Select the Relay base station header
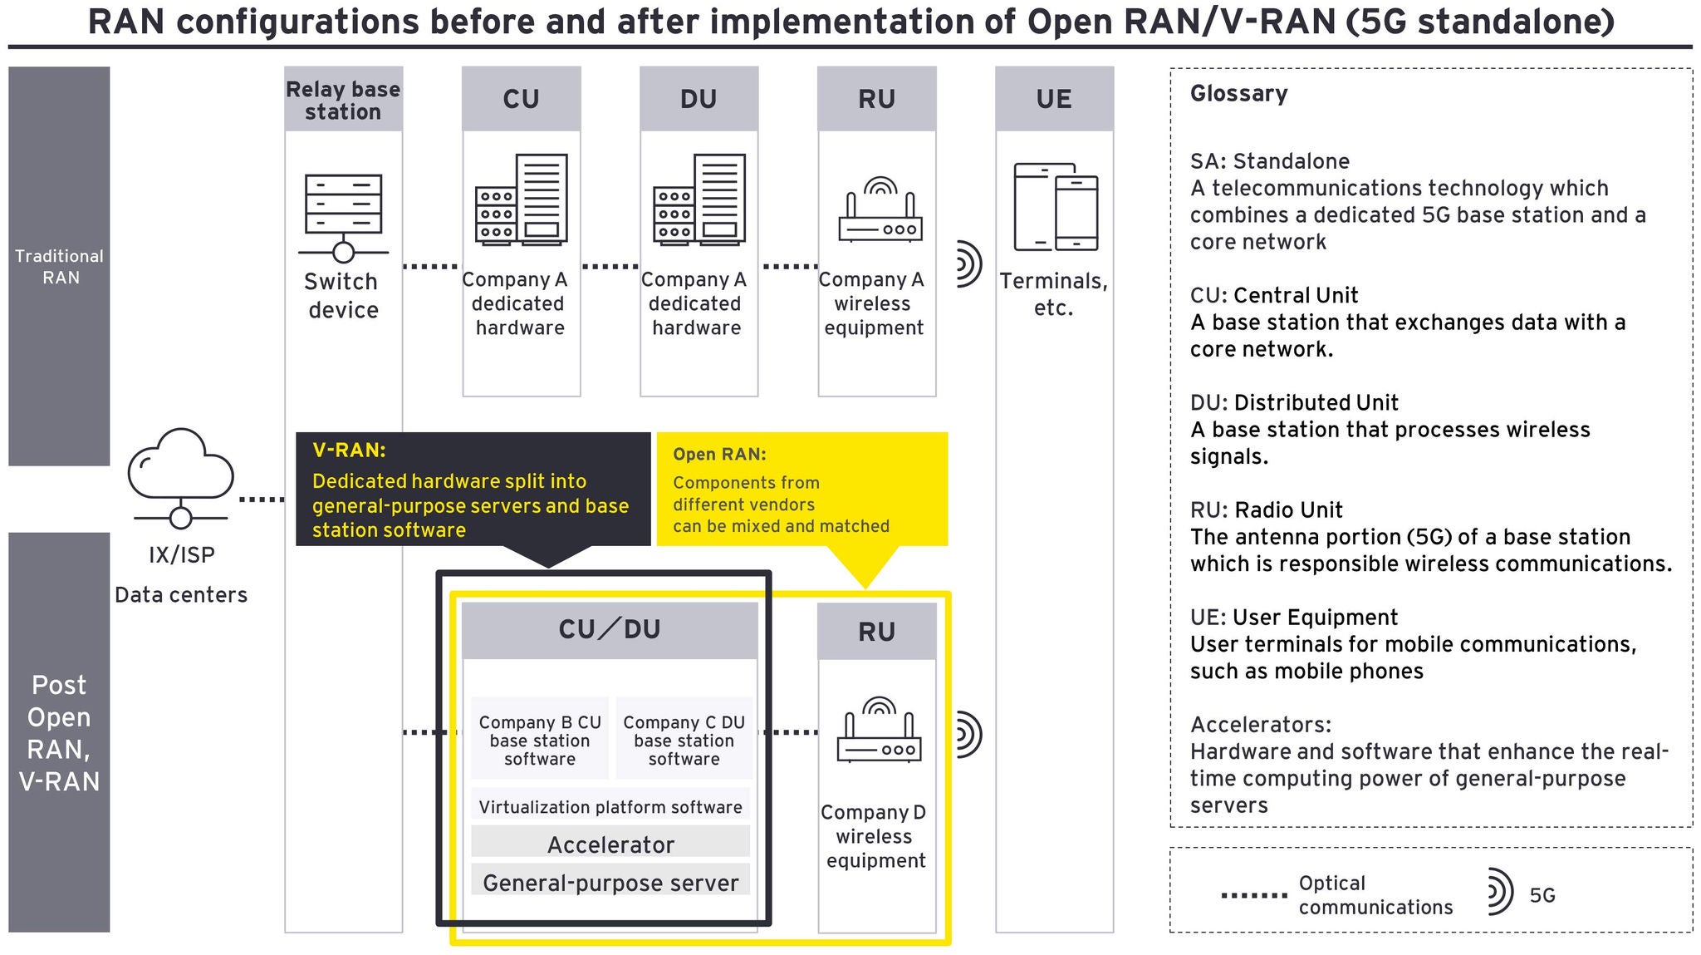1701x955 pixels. [x=343, y=100]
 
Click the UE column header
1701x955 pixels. [x=1054, y=100]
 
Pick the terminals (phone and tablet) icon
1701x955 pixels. [x=1056, y=208]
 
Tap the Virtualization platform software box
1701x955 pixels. [x=610, y=806]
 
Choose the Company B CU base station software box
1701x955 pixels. [x=540, y=740]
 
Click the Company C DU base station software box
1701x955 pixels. [x=684, y=740]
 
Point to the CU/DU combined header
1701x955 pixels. [x=610, y=630]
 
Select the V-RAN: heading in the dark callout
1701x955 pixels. [x=349, y=450]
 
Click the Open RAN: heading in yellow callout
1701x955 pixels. [x=719, y=454]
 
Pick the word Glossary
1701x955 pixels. [x=1238, y=94]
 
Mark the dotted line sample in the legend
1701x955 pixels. [x=1253, y=896]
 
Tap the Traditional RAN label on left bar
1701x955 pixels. [x=60, y=267]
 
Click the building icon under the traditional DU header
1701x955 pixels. [x=699, y=199]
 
